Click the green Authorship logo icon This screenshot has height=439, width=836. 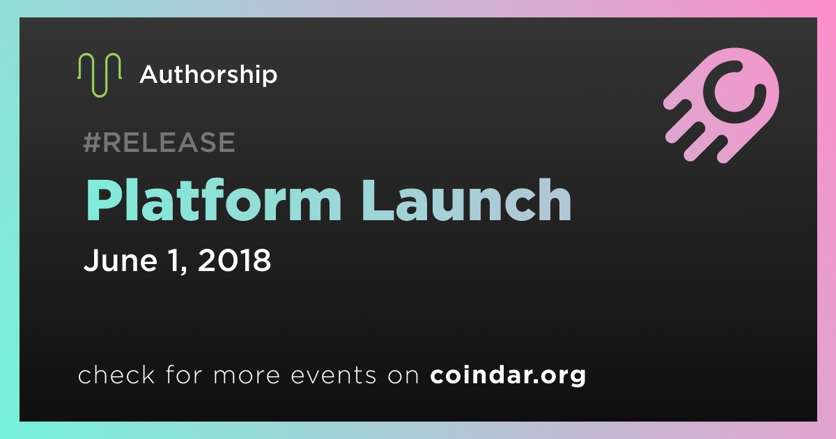pyautogui.click(x=99, y=75)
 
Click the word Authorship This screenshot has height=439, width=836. pyautogui.click(x=208, y=75)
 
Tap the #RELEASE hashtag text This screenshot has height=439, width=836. pyautogui.click(x=159, y=142)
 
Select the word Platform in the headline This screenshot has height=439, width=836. pyautogui.click(x=213, y=200)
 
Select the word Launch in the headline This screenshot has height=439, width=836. pyautogui.click(x=467, y=200)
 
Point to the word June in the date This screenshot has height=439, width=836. pyautogui.click(x=121, y=260)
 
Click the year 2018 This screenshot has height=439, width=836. pyautogui.click(x=234, y=260)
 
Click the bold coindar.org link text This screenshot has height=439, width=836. pyautogui.click(x=508, y=375)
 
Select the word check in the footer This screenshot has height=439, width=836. pyautogui.click(x=116, y=374)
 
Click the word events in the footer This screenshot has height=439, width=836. pyautogui.click(x=334, y=375)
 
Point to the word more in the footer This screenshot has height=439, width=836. pyautogui.click(x=247, y=376)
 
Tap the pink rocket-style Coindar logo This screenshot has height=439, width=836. pyautogui.click(x=722, y=105)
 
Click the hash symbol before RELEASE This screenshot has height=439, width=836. pyautogui.click(x=92, y=142)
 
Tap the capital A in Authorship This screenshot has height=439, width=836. pyautogui.click(x=150, y=74)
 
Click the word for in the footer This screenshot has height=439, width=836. pyautogui.click(x=184, y=374)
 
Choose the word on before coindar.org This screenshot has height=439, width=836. pyautogui.click(x=403, y=376)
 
